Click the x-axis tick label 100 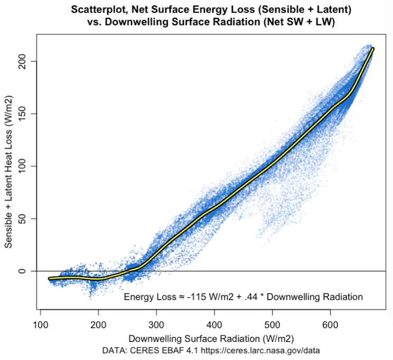coord(41,325)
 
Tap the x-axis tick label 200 coord(98,325)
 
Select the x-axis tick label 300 coord(156,325)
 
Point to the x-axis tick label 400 coord(214,325)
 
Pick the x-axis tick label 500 coord(272,325)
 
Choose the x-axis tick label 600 coord(330,325)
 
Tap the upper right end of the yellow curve coord(373,49)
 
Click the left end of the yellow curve coord(49,279)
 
